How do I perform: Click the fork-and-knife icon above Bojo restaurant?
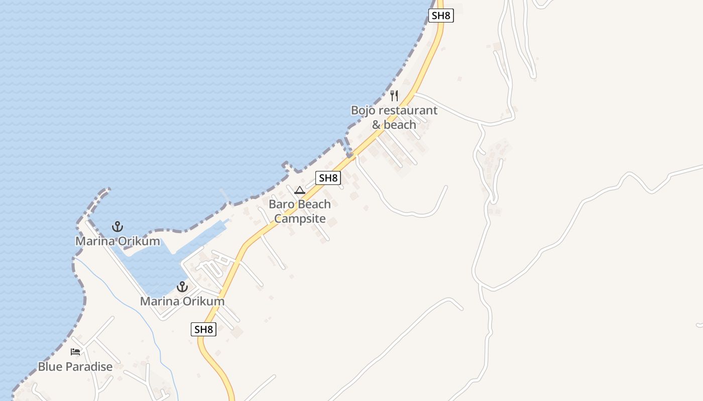point(394,95)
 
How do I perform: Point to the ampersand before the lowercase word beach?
point(377,125)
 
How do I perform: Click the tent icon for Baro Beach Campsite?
point(300,190)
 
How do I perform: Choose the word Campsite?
point(300,219)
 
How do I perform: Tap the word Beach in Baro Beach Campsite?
point(314,205)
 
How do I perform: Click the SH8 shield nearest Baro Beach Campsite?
point(328,177)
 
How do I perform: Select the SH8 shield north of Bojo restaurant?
point(441,16)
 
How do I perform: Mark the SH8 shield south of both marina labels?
point(203,329)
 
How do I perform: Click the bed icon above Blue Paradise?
point(75,352)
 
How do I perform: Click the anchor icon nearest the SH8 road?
point(182,287)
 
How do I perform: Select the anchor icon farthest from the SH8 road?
point(117,227)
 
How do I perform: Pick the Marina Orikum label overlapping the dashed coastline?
point(118,242)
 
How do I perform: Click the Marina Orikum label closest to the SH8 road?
point(182,302)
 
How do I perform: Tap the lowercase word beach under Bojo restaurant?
point(401,125)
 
